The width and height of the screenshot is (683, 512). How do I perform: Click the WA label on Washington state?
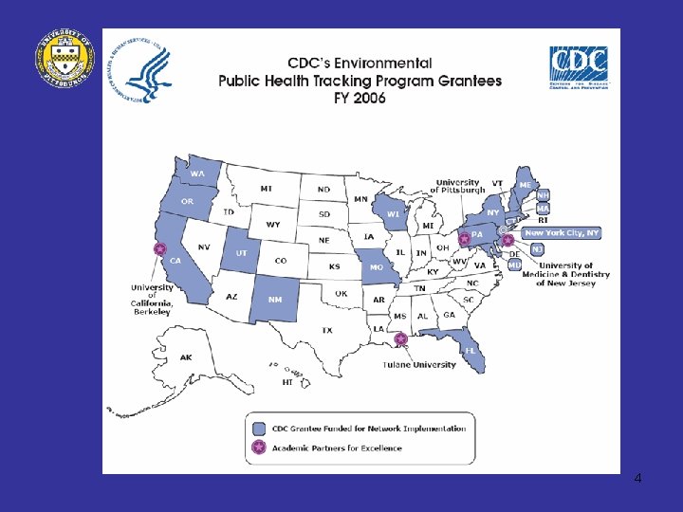point(197,174)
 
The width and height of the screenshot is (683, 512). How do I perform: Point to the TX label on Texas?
point(326,330)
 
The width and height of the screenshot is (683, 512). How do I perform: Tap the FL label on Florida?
point(470,350)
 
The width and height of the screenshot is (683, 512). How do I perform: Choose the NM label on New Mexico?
point(275,300)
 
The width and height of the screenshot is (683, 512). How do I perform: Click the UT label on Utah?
point(241,253)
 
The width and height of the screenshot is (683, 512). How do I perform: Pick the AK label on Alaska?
point(186,357)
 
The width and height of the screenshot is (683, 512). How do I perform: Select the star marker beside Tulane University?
point(401,338)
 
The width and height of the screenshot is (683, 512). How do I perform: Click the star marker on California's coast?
point(158,249)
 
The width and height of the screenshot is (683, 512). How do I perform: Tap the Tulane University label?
point(419,365)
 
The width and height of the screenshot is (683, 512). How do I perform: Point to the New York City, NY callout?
point(562,232)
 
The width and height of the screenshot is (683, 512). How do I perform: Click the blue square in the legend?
point(259,428)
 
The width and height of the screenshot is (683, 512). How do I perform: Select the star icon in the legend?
point(259,448)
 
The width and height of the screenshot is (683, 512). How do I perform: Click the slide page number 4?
point(637,478)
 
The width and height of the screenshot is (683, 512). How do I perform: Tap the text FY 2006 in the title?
point(360,99)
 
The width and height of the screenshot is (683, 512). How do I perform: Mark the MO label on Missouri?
point(377,268)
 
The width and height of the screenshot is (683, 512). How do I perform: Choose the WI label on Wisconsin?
point(393,214)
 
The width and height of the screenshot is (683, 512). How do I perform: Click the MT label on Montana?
point(267,189)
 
